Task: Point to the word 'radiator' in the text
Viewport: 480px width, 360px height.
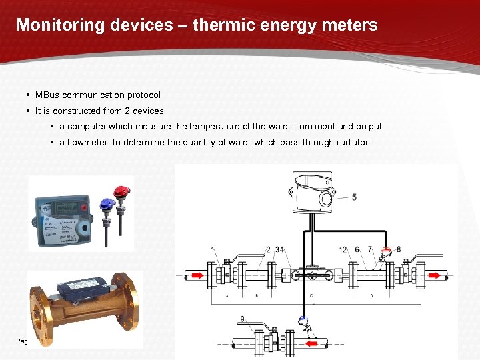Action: pyautogui.click(x=351, y=142)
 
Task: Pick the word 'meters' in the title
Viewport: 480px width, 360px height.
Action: pyautogui.click(x=351, y=25)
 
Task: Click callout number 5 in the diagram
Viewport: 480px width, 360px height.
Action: pyautogui.click(x=354, y=197)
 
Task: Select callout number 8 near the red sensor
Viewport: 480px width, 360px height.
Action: pyautogui.click(x=399, y=249)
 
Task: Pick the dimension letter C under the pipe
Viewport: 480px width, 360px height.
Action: pyautogui.click(x=312, y=295)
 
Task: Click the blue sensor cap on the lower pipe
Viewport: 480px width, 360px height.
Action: pyautogui.click(x=303, y=319)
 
